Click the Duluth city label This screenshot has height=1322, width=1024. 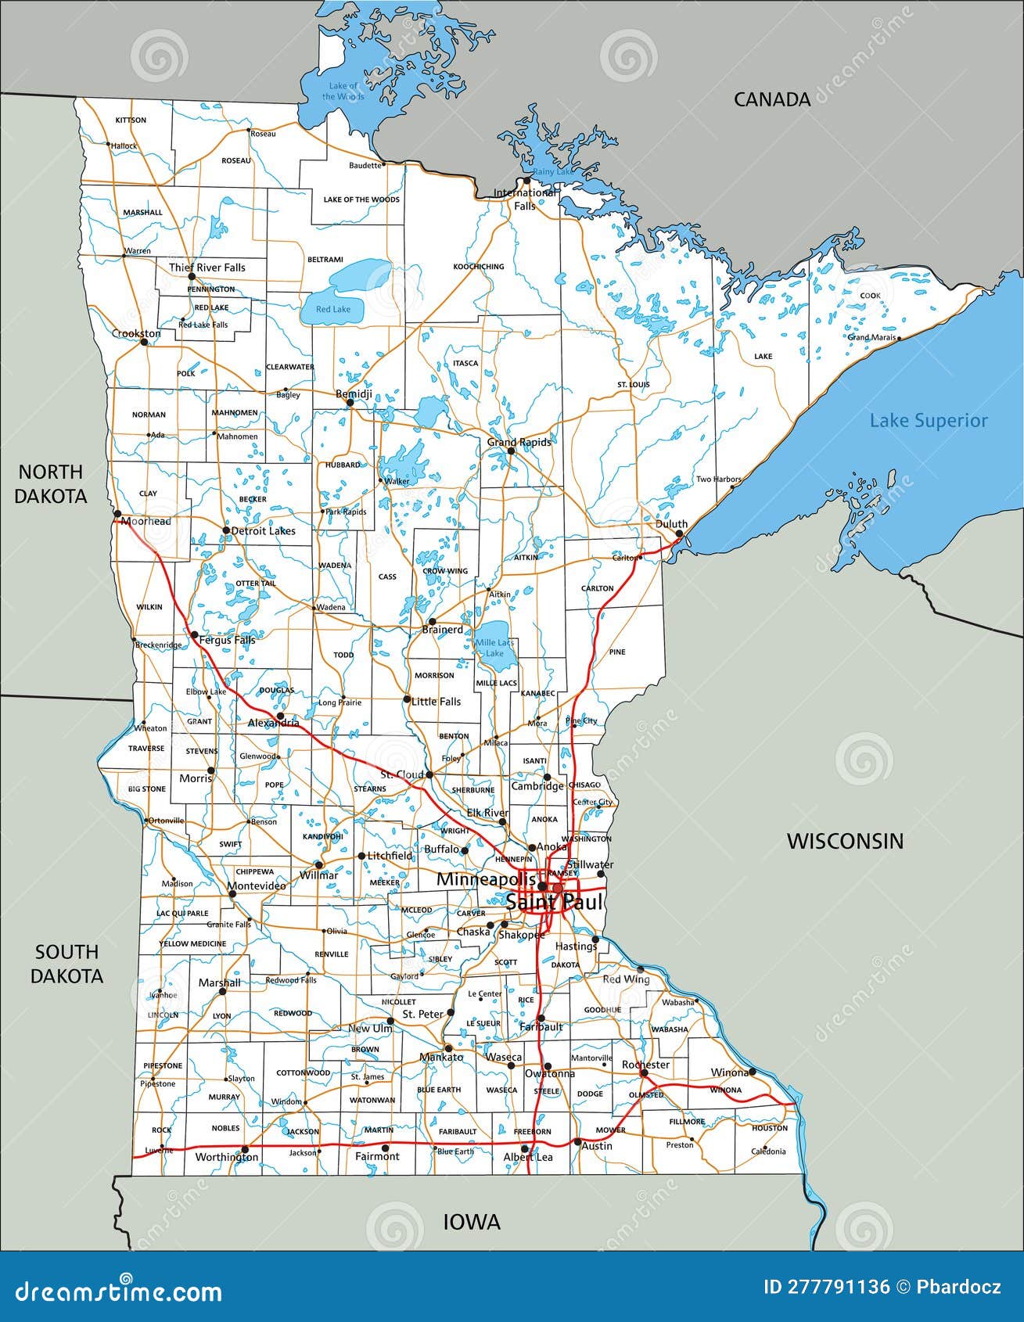(x=671, y=524)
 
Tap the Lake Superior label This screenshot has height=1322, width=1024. (x=929, y=421)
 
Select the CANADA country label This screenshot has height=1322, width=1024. (x=771, y=99)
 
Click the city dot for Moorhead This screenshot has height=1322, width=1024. (x=117, y=514)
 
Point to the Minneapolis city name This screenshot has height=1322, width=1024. (x=485, y=879)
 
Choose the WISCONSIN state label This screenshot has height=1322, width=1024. (x=845, y=841)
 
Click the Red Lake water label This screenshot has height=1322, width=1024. (x=333, y=309)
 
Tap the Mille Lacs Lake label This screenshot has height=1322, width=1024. (x=495, y=648)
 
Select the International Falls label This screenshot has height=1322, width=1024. (x=524, y=199)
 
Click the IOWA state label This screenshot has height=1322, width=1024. (x=472, y=1222)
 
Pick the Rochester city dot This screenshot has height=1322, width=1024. (x=644, y=1073)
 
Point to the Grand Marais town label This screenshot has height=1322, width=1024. (x=871, y=338)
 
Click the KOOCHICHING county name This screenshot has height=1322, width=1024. (x=479, y=267)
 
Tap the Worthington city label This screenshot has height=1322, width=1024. (x=226, y=1157)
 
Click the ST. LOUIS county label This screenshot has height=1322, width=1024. (x=633, y=385)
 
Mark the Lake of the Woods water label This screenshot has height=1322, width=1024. (x=343, y=91)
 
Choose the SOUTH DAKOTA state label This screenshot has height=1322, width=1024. (x=67, y=964)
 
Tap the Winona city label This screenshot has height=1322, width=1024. (x=728, y=1072)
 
